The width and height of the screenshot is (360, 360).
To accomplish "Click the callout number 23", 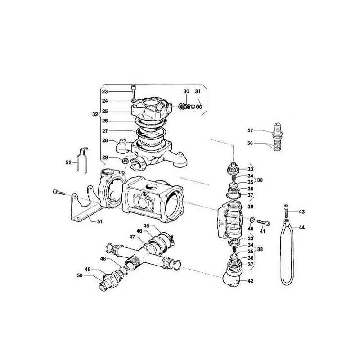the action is tap(105, 92).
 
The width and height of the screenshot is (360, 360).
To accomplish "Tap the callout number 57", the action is tap(250, 130).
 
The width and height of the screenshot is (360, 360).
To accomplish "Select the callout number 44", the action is tap(301, 227).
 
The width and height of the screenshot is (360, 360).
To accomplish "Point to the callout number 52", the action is tap(69, 162).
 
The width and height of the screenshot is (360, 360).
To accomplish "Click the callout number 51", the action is tap(100, 221).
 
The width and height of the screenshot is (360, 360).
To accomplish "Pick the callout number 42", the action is tap(251, 281).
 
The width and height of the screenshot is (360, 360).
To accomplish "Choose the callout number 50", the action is tap(80, 275).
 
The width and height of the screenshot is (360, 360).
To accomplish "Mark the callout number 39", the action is tap(251, 207).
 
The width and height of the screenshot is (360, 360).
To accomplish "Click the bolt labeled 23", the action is tap(133, 92).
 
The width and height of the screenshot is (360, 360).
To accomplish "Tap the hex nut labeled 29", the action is tap(125, 161).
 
